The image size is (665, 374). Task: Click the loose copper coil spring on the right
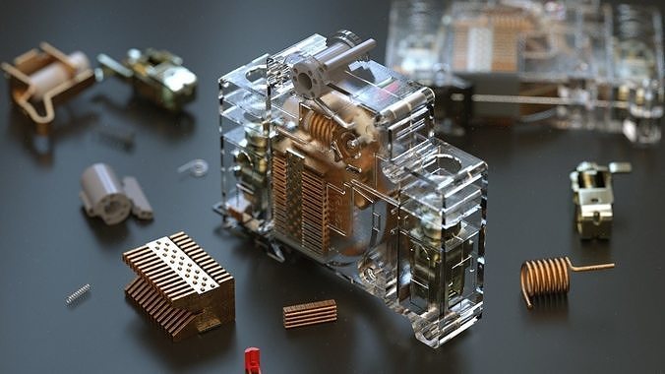pos(546,277)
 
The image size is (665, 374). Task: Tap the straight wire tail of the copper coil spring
pos(593,266)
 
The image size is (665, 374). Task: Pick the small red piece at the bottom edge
pos(253,360)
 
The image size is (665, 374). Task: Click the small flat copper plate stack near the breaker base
pos(310,313)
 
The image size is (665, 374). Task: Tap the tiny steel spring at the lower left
pos(78,293)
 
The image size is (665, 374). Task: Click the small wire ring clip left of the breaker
pos(195,167)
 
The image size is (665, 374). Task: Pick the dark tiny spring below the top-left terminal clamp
pos(118,137)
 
